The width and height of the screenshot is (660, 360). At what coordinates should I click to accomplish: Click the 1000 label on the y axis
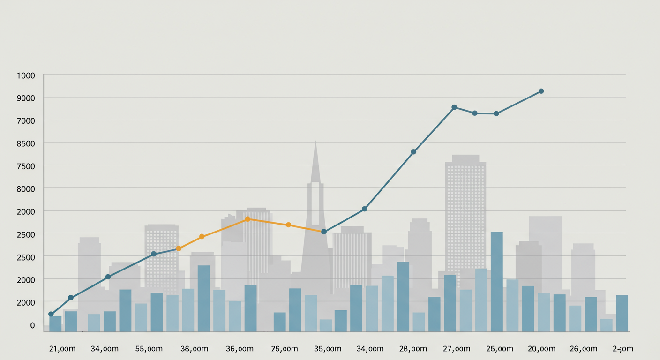[26, 75]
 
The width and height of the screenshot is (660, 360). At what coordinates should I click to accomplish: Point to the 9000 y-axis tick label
[26, 98]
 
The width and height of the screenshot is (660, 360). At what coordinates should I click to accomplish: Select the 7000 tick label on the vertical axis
[26, 121]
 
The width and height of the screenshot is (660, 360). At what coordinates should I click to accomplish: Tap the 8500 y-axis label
[26, 143]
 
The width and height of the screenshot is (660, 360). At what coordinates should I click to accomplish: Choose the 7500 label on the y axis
[26, 166]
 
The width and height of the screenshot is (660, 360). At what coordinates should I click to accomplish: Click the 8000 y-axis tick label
[26, 189]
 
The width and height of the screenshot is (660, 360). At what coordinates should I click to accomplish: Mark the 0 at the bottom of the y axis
[32, 325]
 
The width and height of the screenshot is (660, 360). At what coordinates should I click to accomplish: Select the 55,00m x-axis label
[149, 349]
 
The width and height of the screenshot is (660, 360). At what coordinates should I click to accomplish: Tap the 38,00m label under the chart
[194, 349]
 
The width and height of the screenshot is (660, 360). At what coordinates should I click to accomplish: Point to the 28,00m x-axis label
[413, 349]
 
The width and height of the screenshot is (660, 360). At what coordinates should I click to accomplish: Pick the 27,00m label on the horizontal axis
[456, 349]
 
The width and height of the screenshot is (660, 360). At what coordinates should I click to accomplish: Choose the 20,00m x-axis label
[541, 349]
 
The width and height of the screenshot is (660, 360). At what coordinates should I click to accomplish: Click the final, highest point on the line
[541, 91]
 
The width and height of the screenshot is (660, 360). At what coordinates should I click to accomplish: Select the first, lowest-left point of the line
[51, 314]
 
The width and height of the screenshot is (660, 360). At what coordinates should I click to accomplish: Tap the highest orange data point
[247, 219]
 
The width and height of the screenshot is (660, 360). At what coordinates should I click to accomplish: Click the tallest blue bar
[497, 281]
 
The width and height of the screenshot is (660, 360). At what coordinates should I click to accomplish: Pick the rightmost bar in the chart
[622, 313]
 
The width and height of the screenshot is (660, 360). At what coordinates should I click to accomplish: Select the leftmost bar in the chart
[55, 323]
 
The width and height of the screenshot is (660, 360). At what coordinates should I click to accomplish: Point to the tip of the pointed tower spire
[315, 141]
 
